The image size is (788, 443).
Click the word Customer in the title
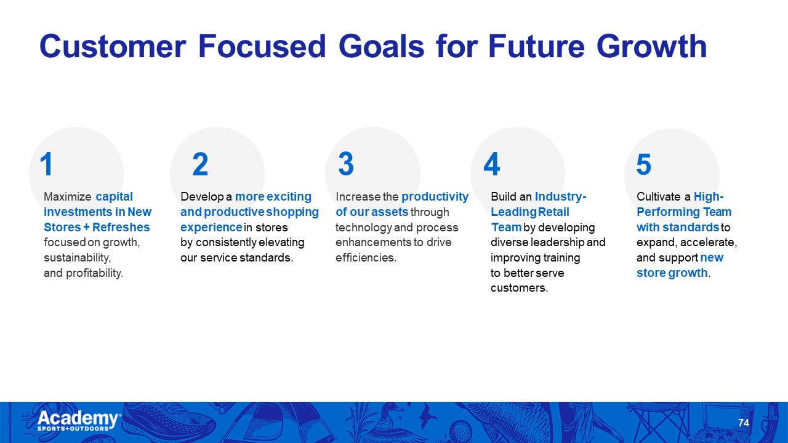[x=113, y=46]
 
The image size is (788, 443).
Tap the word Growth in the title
[x=651, y=46]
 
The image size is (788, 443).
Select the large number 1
[x=46, y=164]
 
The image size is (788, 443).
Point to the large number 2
[x=200, y=164]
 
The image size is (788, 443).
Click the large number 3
[x=346, y=164]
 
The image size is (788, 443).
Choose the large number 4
[x=492, y=164]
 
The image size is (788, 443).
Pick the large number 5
[x=644, y=164]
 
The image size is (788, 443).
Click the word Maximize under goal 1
[x=68, y=196]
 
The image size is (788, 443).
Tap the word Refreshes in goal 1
[x=121, y=228]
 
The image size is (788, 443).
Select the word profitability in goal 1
[x=94, y=273]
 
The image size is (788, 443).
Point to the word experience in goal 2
[x=211, y=228]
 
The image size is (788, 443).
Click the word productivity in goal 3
[x=435, y=197]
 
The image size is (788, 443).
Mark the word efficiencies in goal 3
[x=366, y=258]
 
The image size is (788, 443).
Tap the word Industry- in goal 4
[x=561, y=197]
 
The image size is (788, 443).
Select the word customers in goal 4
[x=519, y=289]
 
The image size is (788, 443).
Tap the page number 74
[x=743, y=423]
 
